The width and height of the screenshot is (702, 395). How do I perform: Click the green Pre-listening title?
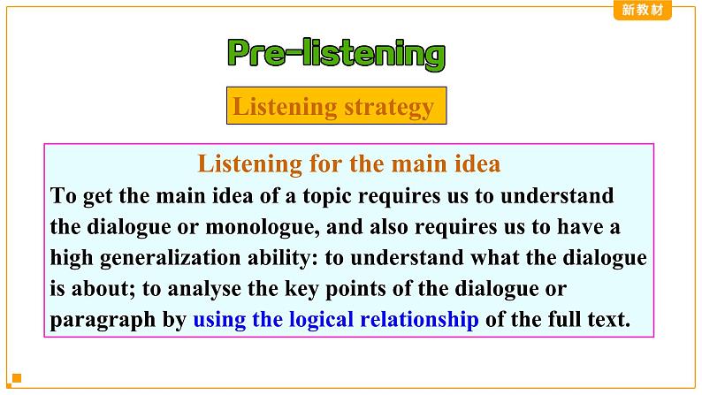336,55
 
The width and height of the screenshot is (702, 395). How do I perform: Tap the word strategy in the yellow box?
389,108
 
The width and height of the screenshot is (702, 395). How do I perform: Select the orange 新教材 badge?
643,10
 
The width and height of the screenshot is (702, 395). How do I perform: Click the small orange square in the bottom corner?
17,378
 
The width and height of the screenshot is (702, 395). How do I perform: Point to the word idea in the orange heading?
477,163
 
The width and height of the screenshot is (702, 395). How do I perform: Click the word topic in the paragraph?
327,197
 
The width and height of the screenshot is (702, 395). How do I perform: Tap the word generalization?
170,259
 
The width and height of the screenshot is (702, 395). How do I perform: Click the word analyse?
204,289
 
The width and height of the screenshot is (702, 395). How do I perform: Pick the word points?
355,290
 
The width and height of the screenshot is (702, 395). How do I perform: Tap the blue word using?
219,320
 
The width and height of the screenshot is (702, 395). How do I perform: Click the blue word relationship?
419,319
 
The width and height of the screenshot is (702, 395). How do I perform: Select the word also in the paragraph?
389,227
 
